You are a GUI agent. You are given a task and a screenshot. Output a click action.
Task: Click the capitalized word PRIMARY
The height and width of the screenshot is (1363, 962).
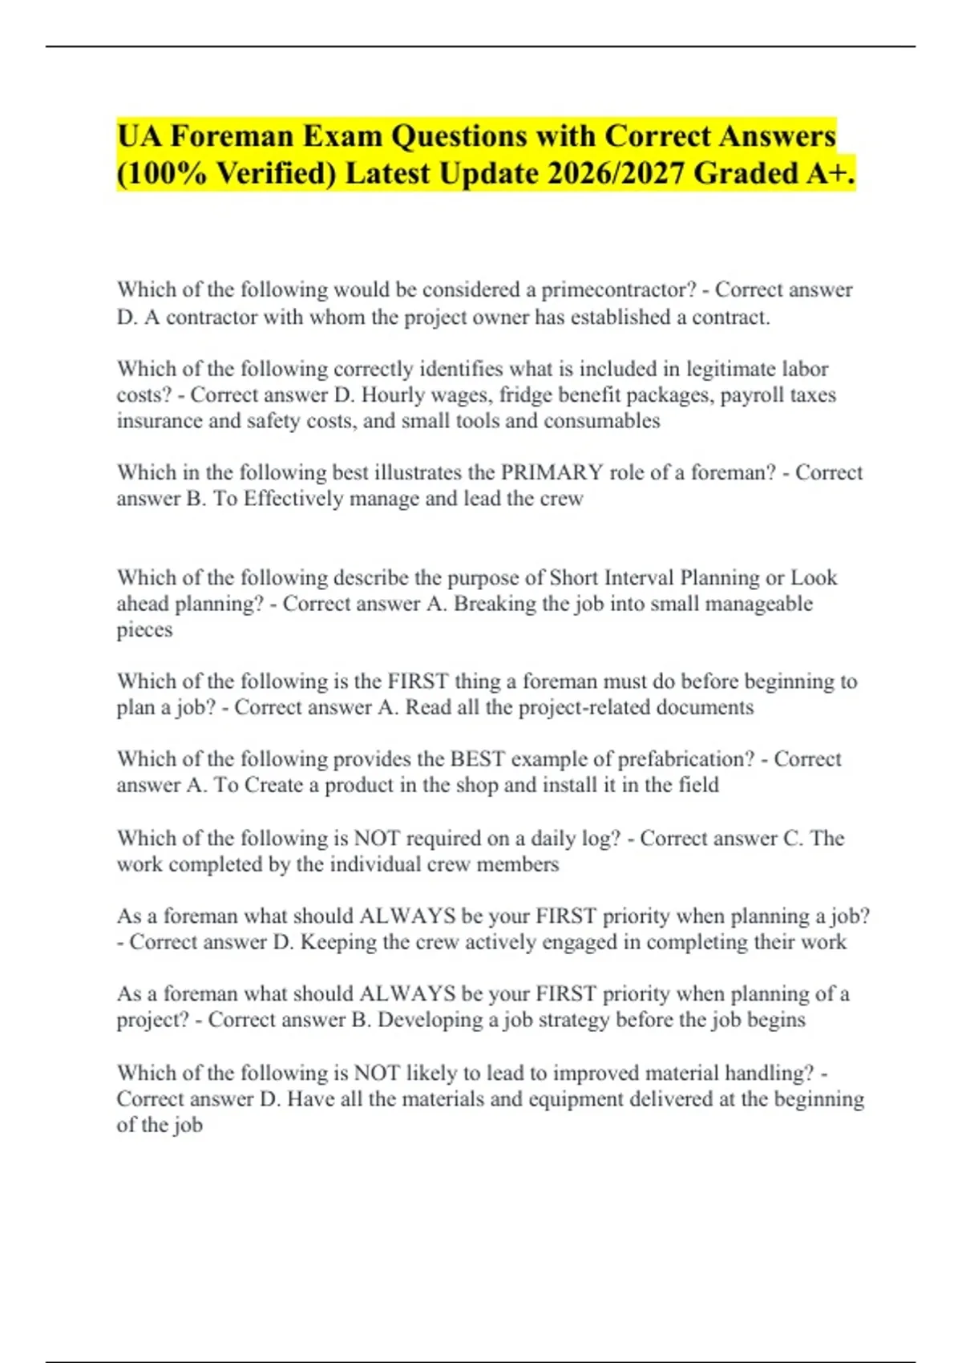coord(552,472)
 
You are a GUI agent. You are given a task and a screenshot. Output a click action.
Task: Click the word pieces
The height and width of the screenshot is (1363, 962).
coord(144,630)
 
